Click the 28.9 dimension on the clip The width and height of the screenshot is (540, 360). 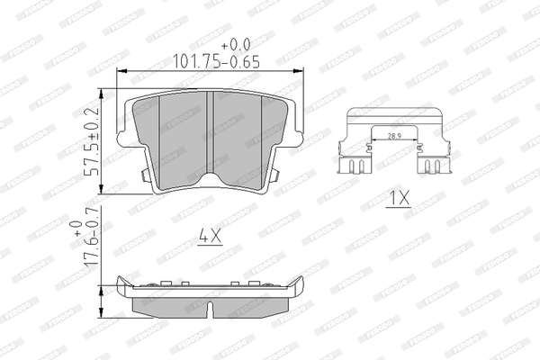(x=394, y=135)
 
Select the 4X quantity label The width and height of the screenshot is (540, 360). (x=209, y=238)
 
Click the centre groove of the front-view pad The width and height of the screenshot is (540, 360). (x=210, y=135)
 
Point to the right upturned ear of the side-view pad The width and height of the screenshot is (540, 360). (x=300, y=287)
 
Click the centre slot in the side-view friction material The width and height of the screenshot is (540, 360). (x=210, y=309)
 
